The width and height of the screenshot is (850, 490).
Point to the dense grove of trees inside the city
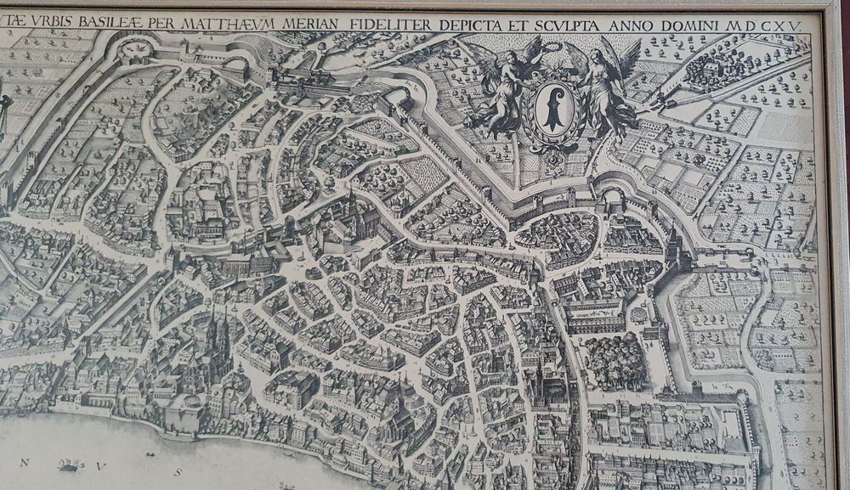coord(613,359)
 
